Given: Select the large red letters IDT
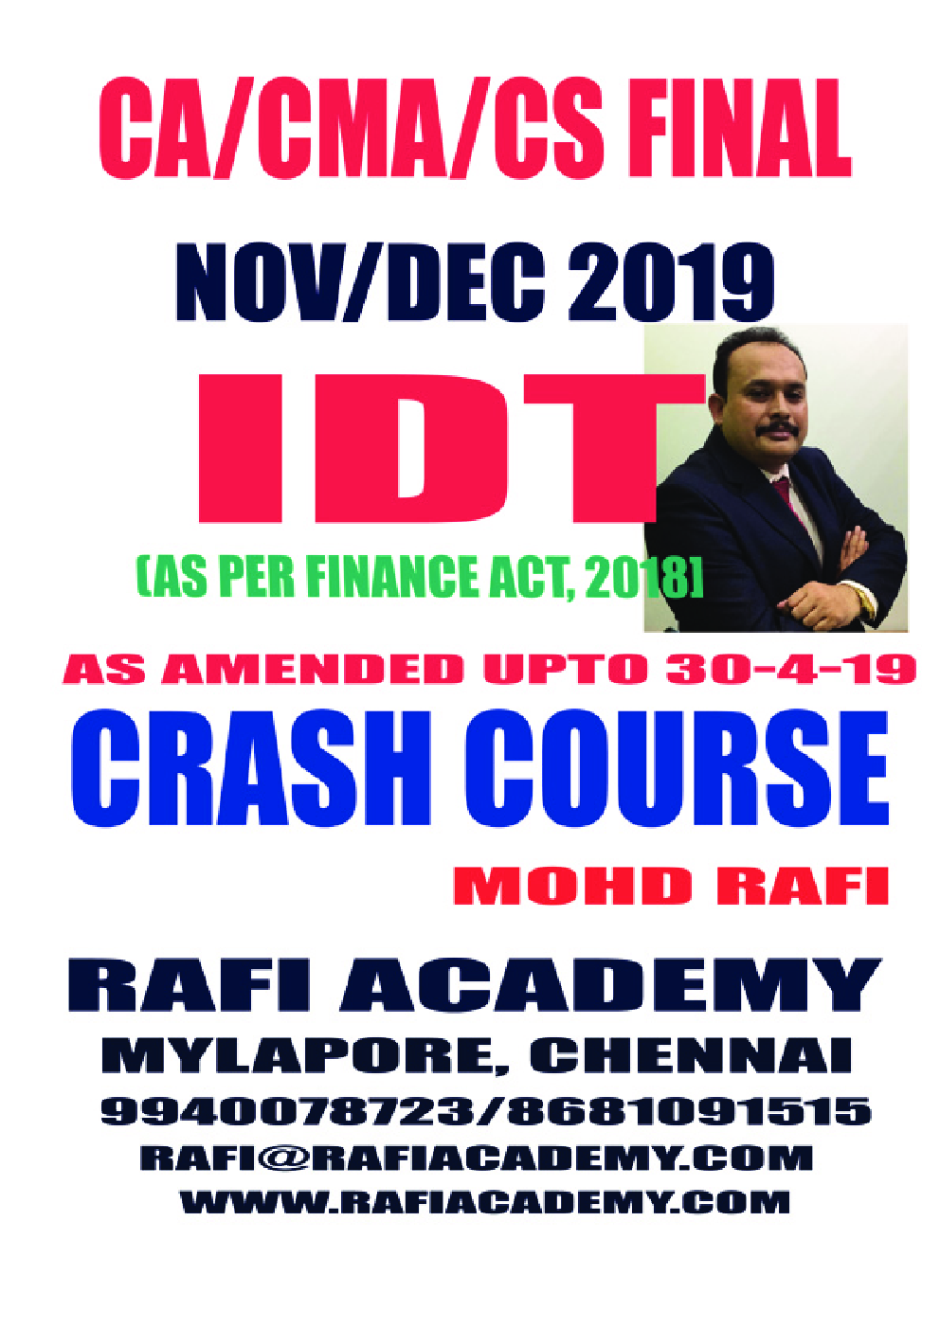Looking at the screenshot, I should click(426, 447).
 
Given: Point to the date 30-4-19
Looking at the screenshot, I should click(790, 670).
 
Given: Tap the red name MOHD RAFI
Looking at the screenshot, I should click(670, 886).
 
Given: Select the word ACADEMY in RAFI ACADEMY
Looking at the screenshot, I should click(610, 985).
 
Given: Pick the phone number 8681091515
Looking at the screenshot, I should click(689, 1110).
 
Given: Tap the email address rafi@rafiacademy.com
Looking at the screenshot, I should click(477, 1158).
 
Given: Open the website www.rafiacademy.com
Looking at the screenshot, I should click(484, 1202).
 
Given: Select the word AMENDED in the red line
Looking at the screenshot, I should click(313, 670).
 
